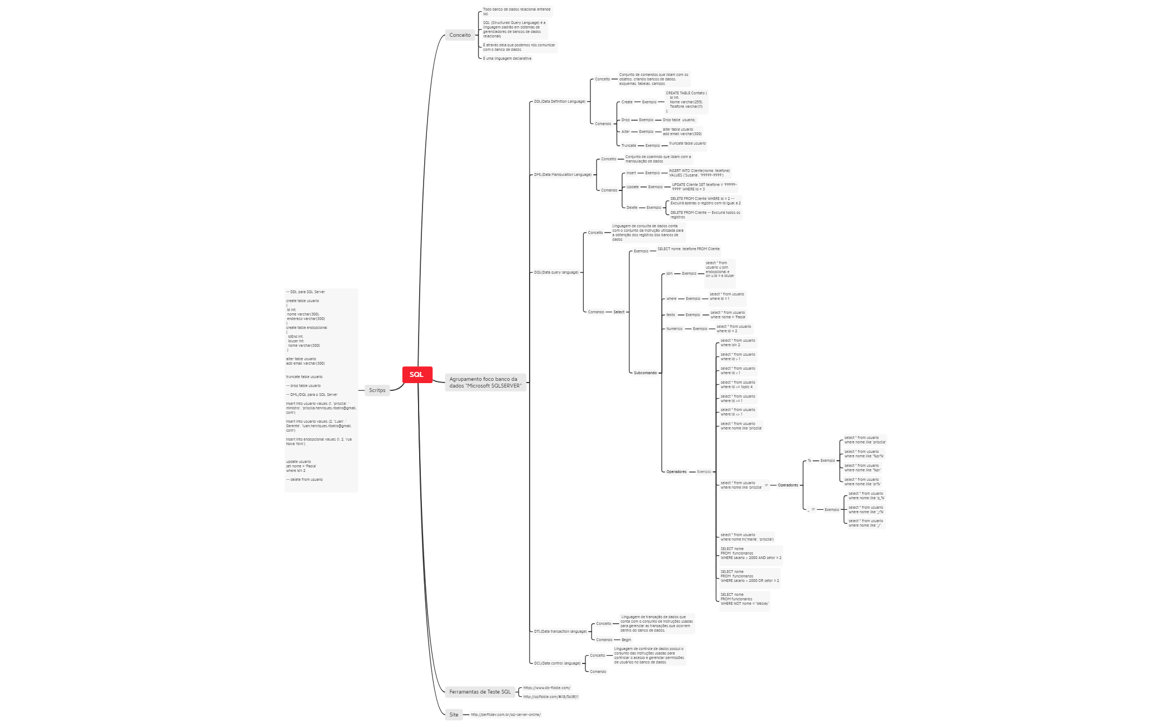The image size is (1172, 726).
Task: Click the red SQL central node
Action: coord(417,375)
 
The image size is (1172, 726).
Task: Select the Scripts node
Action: coord(377,390)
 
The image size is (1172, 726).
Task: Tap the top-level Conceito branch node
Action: coord(460,35)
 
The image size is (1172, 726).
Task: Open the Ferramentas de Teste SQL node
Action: coord(479,692)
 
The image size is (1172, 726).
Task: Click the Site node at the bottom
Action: coord(454,715)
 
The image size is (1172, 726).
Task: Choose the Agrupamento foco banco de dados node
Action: coord(485,383)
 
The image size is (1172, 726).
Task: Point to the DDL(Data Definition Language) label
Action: coord(559,102)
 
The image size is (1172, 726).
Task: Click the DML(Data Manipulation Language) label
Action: coord(563,175)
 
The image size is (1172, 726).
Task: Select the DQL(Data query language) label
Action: coord(556,273)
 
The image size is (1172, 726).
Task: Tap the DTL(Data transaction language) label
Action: coord(560,632)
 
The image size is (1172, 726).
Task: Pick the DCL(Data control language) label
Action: coord(557,663)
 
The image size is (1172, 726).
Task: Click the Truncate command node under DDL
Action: coord(628,146)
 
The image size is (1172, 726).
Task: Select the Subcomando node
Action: coord(645,373)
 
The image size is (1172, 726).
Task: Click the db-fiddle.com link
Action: coord(546,688)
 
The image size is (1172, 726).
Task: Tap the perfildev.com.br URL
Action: coord(505,715)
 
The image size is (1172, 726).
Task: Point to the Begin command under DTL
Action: coord(626,640)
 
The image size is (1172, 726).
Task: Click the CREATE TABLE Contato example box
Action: coord(686,102)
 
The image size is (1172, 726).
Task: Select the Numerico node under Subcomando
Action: coord(674,329)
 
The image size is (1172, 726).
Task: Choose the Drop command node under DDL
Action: coord(625,120)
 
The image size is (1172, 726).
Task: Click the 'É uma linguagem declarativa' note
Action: coord(507,59)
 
